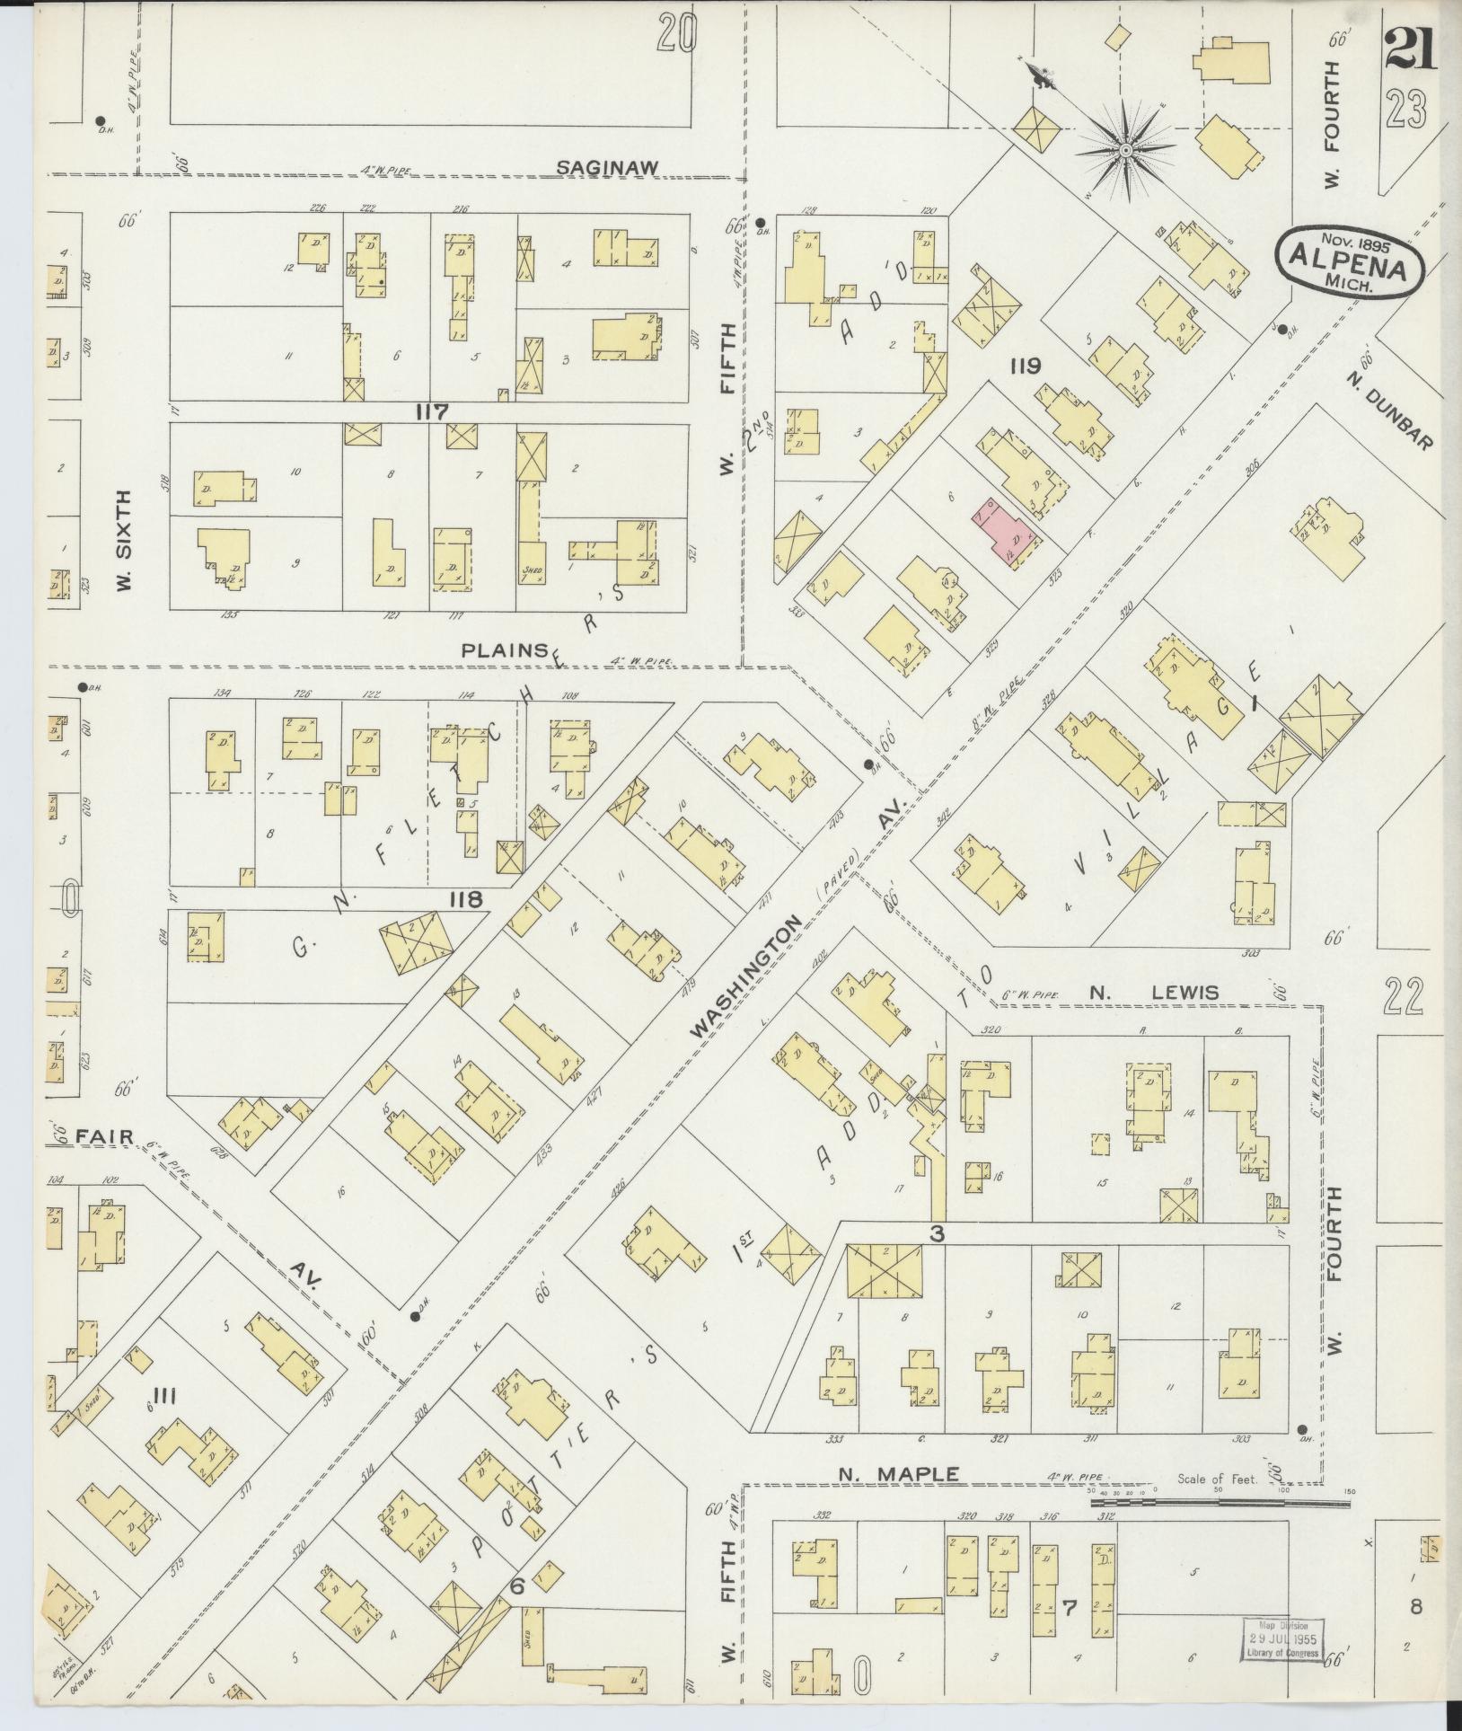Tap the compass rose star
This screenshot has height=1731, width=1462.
pos(1124,149)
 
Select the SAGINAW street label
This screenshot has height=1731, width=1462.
pos(608,167)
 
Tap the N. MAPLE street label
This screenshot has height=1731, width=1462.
pos(899,1473)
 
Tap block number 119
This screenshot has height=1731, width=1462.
pos(1025,367)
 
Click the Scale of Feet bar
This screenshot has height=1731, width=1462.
pos(1220,1501)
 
